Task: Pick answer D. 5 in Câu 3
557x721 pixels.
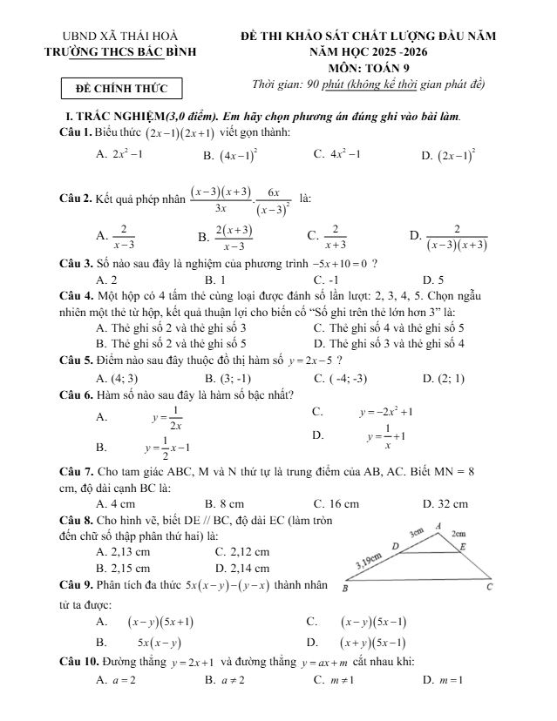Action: click(432, 280)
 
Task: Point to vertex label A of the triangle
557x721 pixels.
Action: click(438, 524)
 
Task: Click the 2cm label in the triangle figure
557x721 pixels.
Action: click(459, 532)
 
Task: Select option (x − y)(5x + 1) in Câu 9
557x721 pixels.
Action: click(160, 622)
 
